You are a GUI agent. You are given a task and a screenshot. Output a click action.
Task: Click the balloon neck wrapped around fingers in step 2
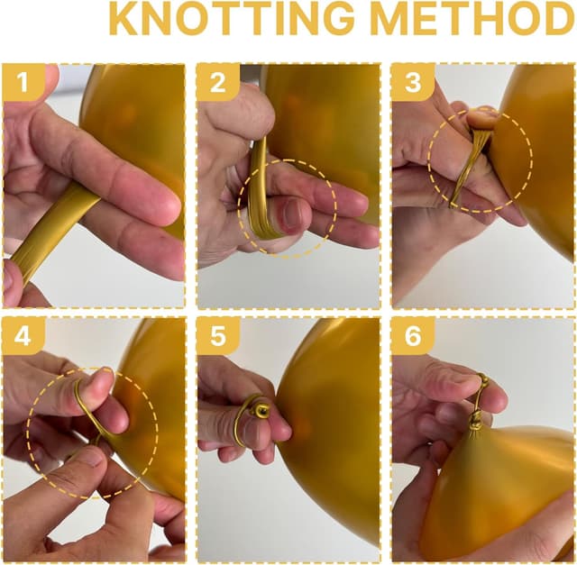[x=260, y=194]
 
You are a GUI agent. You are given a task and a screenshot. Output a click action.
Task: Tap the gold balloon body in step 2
[x=325, y=117]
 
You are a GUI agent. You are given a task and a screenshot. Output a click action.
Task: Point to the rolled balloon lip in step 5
[x=262, y=412]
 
